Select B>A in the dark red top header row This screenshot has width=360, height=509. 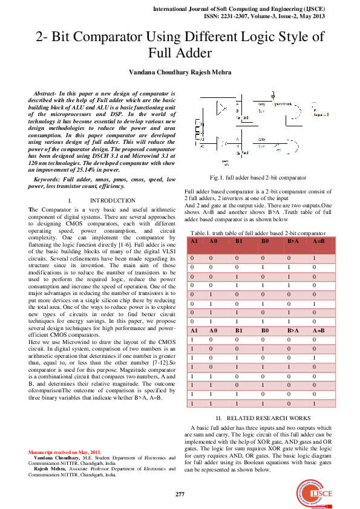pos(293,241)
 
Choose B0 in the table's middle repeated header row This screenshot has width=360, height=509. pos(264,331)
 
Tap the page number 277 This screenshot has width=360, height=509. pos(180,494)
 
